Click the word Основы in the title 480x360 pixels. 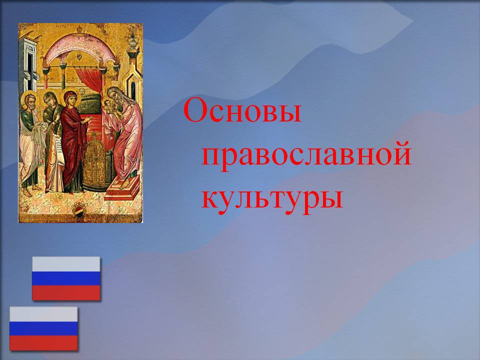click(242, 110)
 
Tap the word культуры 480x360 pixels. click(272, 198)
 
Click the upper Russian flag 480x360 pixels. click(66, 278)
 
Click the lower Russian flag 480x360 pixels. click(43, 328)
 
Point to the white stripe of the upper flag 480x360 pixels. click(66, 264)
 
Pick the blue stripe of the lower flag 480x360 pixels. click(43, 328)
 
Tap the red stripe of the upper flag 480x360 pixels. click(66, 293)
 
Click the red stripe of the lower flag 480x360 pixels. click(43, 343)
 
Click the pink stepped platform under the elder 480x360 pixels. click(122, 188)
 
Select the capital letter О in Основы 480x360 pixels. click(196, 110)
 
